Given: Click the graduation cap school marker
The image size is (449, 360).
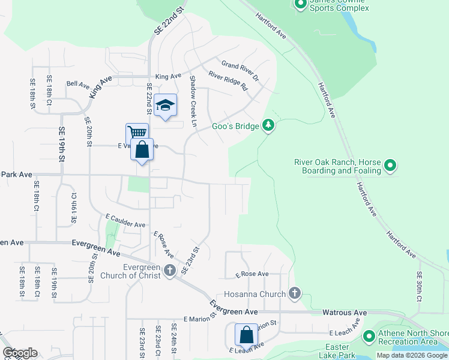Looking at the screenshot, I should click(x=165, y=106).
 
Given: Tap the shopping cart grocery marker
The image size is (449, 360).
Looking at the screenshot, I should click(x=137, y=133).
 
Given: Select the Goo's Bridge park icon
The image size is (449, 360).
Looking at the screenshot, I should click(x=269, y=125).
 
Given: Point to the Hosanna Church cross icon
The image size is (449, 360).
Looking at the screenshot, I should click(x=294, y=293).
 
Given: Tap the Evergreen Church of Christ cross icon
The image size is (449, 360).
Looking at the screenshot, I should click(x=170, y=270).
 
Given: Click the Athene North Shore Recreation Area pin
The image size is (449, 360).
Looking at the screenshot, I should click(x=369, y=337).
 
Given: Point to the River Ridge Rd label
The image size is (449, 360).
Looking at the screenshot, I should click(x=228, y=81).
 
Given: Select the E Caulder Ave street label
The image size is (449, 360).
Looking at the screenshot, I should click(x=125, y=220).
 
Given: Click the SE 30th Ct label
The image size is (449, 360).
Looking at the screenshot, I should click(x=420, y=286).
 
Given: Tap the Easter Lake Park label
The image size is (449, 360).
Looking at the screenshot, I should click(x=337, y=352).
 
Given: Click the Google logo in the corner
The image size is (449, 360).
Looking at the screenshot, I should click(x=20, y=353).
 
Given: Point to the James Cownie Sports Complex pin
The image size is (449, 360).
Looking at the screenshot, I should click(x=301, y=5).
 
